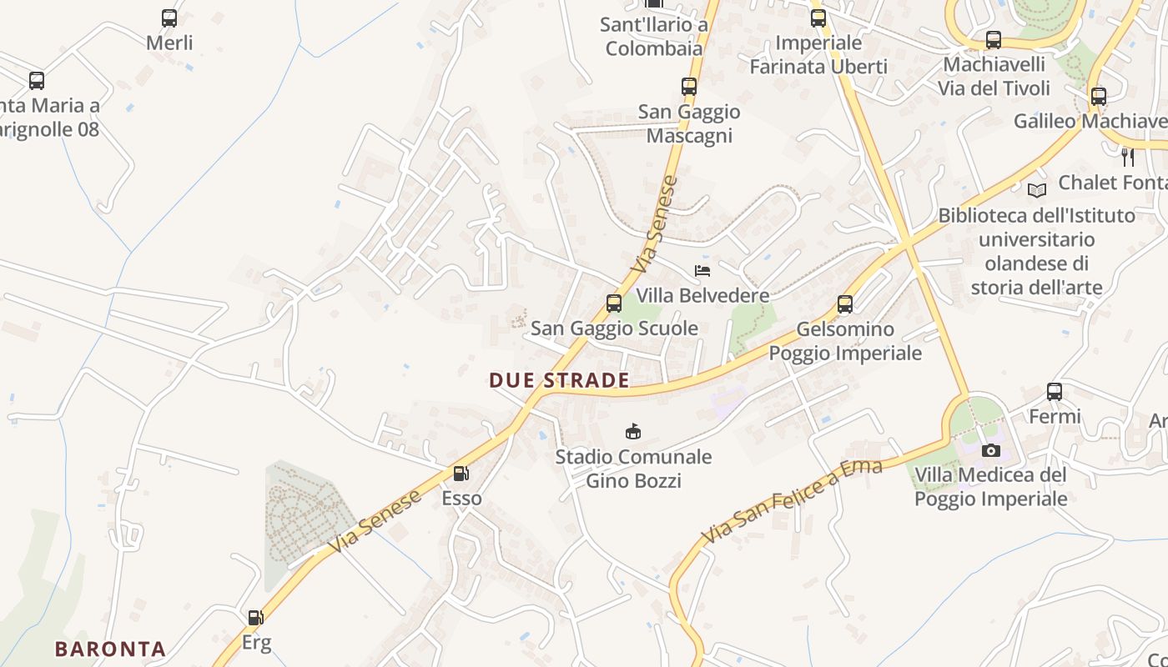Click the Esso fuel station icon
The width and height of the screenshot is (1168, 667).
460,474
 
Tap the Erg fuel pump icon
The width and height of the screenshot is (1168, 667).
255,618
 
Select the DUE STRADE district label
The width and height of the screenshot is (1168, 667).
559,381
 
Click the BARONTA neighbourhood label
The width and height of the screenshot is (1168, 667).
110,649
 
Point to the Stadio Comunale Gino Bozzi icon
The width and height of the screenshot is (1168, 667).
633,431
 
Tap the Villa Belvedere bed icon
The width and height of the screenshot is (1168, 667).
702,270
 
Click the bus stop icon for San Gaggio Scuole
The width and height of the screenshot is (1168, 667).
614,303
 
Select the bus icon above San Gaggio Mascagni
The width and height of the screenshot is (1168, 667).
689,86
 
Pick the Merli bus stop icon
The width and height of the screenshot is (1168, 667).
169,18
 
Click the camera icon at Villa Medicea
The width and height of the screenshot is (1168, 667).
991,451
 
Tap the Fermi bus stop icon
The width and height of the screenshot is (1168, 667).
1055,391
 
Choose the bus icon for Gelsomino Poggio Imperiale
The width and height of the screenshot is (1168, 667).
845,304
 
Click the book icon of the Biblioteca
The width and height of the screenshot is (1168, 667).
1037,191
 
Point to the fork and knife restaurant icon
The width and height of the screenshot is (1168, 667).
1128,157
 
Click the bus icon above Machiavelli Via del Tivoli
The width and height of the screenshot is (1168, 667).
993,39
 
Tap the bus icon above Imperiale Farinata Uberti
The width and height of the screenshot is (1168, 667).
818,18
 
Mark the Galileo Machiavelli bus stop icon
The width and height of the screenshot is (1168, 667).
1099,96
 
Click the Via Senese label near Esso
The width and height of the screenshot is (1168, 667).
375,522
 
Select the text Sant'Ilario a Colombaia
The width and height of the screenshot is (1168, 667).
654,37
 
